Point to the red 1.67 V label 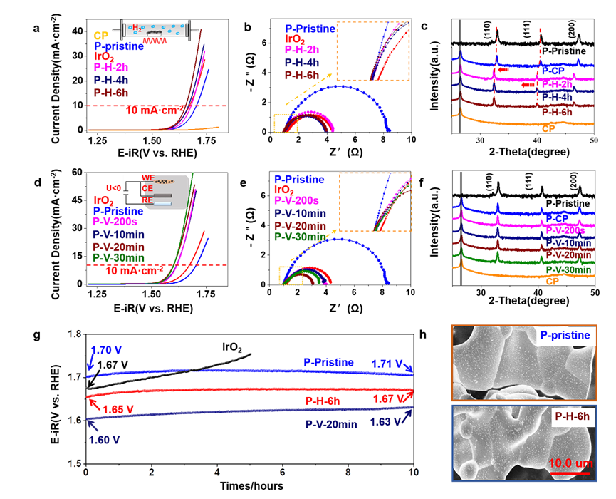[x=387, y=397]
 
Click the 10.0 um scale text [x=569, y=464]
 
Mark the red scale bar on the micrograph [x=568, y=473]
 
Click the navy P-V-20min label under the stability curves [x=331, y=424]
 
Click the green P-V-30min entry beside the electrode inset [x=119, y=257]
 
